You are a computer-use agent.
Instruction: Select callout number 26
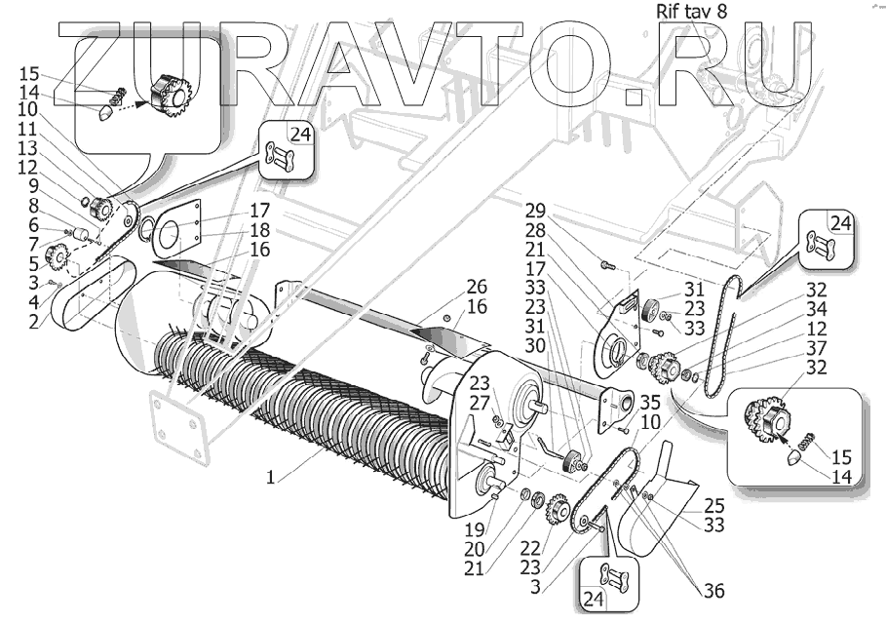pyautogui.click(x=477, y=287)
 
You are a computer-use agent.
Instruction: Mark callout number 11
pyautogui.click(x=27, y=128)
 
